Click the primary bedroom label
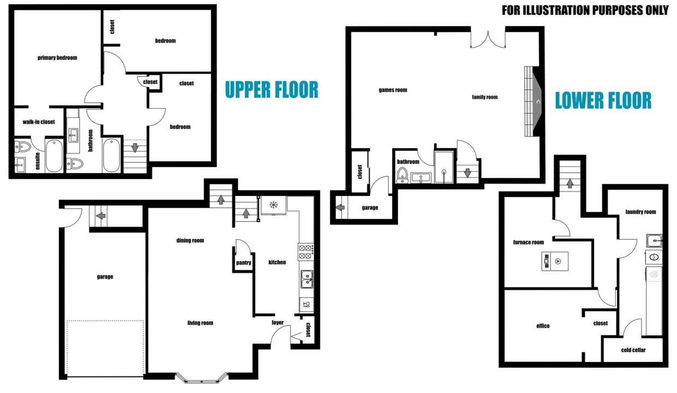pyautogui.click(x=57, y=58)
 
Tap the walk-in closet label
pyautogui.click(x=39, y=122)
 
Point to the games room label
pyautogui.click(x=393, y=90)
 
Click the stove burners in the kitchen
pyautogui.click(x=306, y=252)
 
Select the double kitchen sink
pyautogui.click(x=307, y=279)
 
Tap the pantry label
pyautogui.click(x=244, y=263)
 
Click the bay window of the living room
pyautogui.click(x=201, y=378)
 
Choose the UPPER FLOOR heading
pyautogui.click(x=272, y=90)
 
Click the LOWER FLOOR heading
pyautogui.click(x=603, y=100)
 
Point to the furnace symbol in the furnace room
pyautogui.click(x=555, y=261)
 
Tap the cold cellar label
pyautogui.click(x=633, y=350)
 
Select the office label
pyautogui.click(x=543, y=326)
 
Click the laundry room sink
pyautogui.click(x=654, y=241)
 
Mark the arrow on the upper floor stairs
pyautogui.click(x=135, y=148)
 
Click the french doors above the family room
pyautogui.click(x=488, y=39)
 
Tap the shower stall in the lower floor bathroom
pyautogui.click(x=444, y=167)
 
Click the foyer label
pyautogui.click(x=277, y=322)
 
